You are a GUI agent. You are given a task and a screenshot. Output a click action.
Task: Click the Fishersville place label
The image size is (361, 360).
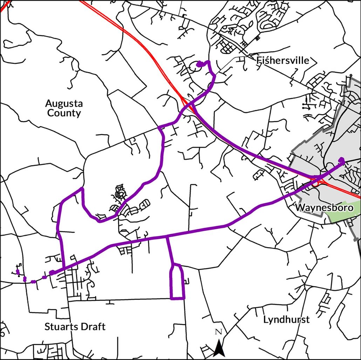click(283, 60)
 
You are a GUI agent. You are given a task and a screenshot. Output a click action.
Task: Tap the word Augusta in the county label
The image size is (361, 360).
click(64, 104)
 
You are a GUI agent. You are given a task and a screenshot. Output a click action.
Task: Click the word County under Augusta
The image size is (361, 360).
click(64, 113)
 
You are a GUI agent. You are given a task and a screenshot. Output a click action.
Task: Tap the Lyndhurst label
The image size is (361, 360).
click(286, 319)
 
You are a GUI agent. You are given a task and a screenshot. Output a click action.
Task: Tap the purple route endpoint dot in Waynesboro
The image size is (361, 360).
click(341, 160)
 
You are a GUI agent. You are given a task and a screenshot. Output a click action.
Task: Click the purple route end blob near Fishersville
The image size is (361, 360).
click(200, 64)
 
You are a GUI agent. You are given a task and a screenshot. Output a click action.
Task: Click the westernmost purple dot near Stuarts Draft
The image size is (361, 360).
click(18, 272)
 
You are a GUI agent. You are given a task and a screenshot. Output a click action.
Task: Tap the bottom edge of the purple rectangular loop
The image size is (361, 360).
click(177, 299)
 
